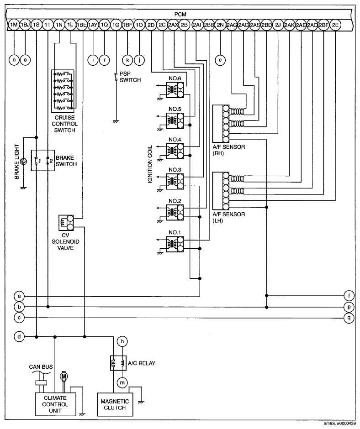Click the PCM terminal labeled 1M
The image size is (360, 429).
14,25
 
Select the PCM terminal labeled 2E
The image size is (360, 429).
335,25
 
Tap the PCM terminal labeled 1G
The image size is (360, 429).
116,25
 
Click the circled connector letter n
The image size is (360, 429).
14,59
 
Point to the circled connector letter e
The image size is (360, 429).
221,59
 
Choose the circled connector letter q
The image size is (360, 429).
349,318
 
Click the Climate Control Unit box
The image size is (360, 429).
55,404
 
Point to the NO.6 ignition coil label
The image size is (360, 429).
175,78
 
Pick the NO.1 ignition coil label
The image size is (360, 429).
175,232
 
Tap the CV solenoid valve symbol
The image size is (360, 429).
67,223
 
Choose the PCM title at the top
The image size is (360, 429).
180,15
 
